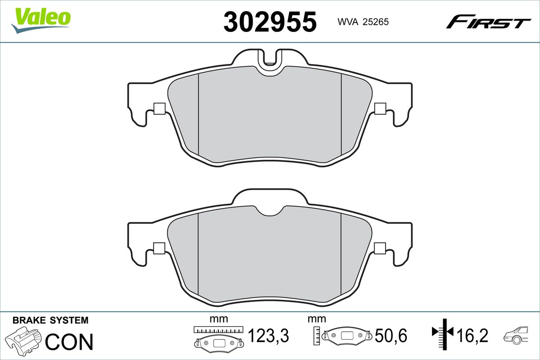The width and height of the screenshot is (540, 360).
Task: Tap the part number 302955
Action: (x=270, y=22)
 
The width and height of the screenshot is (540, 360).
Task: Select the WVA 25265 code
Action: (x=363, y=22)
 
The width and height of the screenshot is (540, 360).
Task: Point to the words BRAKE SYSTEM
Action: (x=50, y=320)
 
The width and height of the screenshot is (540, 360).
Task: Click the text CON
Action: (x=69, y=342)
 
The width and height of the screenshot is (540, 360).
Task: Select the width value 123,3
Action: (x=268, y=335)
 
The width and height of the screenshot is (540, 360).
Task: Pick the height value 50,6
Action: (x=391, y=335)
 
